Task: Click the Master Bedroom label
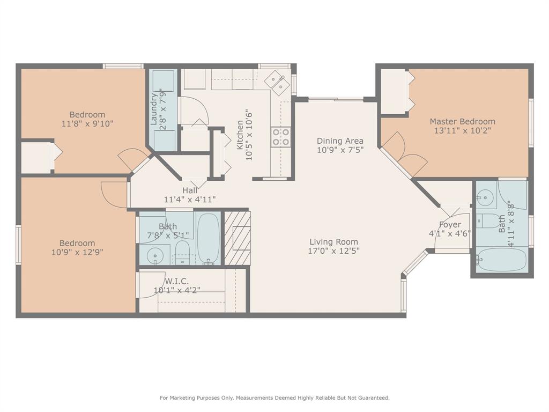click(462, 122)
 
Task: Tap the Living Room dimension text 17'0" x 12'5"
click(333, 251)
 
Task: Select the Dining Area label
click(340, 141)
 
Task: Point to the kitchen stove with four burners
click(280, 136)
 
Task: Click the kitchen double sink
click(278, 80)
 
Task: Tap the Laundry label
click(154, 109)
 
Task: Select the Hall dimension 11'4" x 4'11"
click(190, 199)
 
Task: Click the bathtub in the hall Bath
click(208, 238)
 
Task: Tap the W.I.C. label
click(176, 281)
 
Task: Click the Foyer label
click(450, 225)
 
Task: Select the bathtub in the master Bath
click(502, 260)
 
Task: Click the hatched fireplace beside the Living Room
click(238, 238)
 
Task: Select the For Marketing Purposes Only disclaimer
click(274, 398)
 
